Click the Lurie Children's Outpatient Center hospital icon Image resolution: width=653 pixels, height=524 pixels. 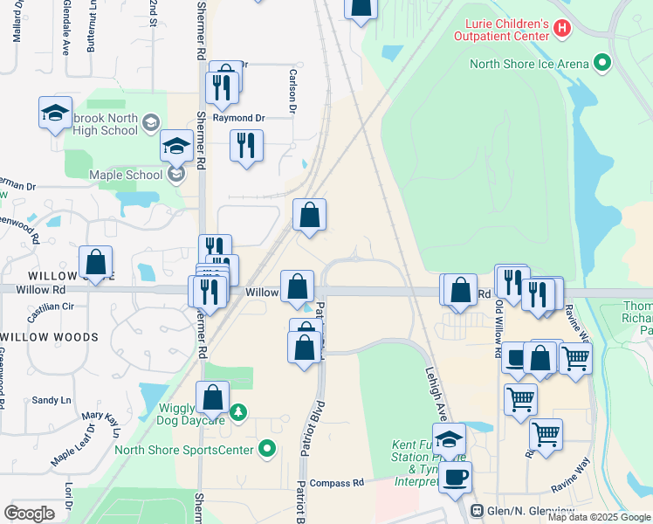562,29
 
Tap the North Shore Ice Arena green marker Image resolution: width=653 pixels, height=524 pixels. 601,64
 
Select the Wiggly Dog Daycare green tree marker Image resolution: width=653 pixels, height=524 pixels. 238,411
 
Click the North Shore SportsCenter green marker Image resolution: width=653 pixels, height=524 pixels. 267,450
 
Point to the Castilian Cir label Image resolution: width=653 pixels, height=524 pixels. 51,307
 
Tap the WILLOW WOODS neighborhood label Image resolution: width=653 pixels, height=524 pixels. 49,337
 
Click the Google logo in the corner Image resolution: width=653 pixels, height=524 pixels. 29,513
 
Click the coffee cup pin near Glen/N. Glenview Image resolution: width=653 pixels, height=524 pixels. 455,477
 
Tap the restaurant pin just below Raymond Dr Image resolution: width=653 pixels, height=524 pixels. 247,145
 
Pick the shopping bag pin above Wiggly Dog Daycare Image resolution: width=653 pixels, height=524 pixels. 212,397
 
